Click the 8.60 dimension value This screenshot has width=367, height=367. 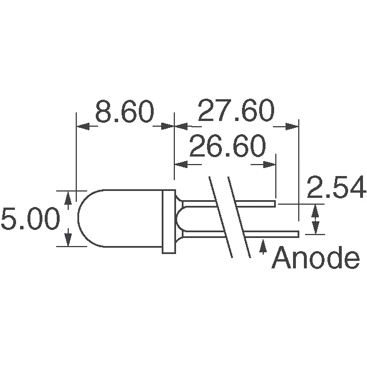124,112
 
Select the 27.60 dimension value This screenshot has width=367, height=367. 236,112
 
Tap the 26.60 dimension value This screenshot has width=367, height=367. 227,148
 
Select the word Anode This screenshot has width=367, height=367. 315,259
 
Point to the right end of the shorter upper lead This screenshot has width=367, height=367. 275,203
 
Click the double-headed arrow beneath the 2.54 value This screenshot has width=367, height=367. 315,220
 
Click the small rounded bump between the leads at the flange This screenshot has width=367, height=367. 182,218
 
